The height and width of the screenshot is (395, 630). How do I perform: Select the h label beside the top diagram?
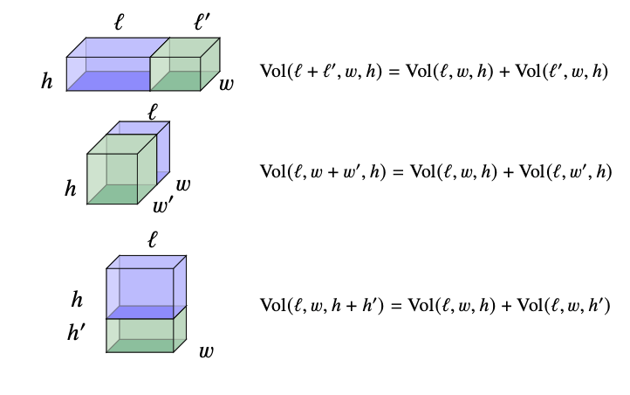click(47, 82)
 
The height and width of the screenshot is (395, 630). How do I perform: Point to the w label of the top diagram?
click(226, 84)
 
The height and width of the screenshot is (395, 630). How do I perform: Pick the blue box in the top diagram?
click(109, 66)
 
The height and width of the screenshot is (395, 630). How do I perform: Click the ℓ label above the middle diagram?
click(154, 111)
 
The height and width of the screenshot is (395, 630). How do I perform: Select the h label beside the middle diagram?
click(72, 188)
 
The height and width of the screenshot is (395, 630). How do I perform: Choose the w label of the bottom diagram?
click(206, 351)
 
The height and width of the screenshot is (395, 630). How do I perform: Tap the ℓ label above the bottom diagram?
click(153, 238)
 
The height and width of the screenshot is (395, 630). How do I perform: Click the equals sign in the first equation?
click(394, 72)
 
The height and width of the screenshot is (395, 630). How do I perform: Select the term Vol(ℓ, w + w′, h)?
click(323, 171)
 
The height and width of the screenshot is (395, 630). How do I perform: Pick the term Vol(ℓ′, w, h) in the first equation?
click(558, 72)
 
